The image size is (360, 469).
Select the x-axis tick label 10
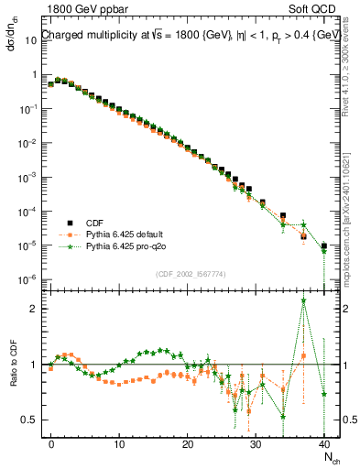pyautogui.click(x=119, y=444)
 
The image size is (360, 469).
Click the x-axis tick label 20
pyautogui.click(x=188, y=444)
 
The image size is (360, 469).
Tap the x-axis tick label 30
pyautogui.click(x=256, y=444)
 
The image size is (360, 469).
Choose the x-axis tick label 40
pyautogui.click(x=324, y=444)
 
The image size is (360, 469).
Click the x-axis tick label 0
pyautogui.click(x=51, y=444)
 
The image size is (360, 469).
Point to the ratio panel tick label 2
pyautogui.click(x=33, y=309)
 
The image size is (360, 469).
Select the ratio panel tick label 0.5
pyautogui.click(x=28, y=420)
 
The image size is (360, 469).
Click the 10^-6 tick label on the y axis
pyautogui.click(x=28, y=278)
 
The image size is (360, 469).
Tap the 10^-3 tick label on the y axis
pyautogui.click(x=28, y=177)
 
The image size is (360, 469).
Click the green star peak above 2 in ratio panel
pyautogui.click(x=303, y=300)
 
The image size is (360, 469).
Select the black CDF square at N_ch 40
pyautogui.click(x=323, y=245)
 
